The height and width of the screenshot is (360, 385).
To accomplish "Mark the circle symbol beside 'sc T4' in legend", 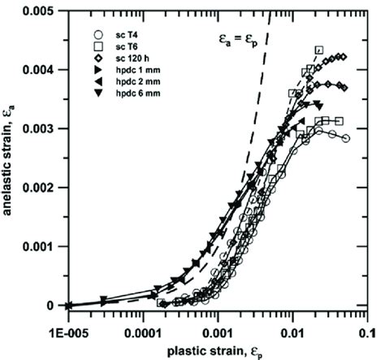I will tap(97, 35).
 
